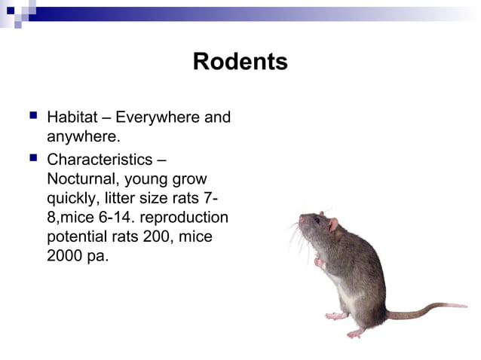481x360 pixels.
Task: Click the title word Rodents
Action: coord(240,61)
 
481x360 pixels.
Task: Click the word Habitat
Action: coord(72,118)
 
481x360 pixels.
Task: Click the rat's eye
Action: coord(317,221)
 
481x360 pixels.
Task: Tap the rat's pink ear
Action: coord(332,224)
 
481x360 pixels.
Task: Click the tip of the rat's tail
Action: coord(465,305)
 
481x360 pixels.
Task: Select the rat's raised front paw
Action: coord(319,263)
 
